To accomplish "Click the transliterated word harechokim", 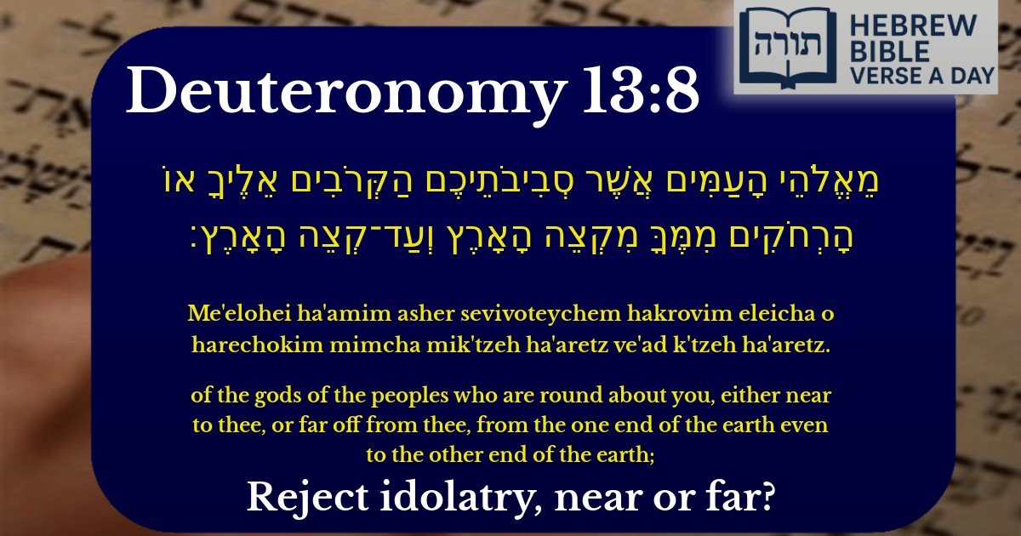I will coord(253,346).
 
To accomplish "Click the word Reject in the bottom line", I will coord(299,497).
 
